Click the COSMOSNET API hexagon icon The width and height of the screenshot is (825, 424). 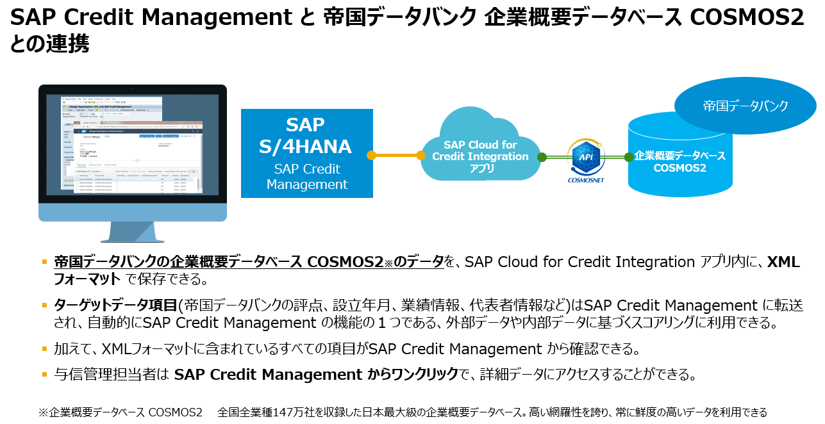coord(586,157)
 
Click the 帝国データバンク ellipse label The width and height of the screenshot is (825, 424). coord(746,106)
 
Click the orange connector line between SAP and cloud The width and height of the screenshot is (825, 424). coord(396,155)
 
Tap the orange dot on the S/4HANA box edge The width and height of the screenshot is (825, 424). coord(371,155)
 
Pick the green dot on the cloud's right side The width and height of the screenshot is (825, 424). coord(542,157)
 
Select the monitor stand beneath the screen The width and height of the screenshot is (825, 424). coord(133,232)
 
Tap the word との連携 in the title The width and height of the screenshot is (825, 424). coord(49,44)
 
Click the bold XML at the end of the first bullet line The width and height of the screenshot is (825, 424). coord(784,261)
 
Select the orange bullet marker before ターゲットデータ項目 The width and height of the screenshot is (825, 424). coord(44,306)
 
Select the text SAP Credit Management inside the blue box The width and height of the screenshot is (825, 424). coord(306,177)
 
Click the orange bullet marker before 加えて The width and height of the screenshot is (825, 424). coord(44,349)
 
